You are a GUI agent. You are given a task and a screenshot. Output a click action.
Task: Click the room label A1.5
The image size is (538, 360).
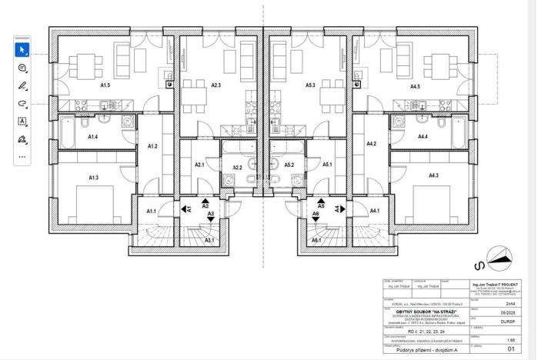pyautogui.click(x=105, y=85)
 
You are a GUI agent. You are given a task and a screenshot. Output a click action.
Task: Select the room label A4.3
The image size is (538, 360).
pyautogui.click(x=433, y=176)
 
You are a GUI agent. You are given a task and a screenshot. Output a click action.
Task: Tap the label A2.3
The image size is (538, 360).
pyautogui.click(x=216, y=85)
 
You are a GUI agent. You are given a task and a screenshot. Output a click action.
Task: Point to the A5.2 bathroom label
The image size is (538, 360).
pyautogui.click(x=289, y=165)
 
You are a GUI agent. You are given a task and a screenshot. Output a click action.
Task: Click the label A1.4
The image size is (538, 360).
pyautogui.click(x=92, y=136)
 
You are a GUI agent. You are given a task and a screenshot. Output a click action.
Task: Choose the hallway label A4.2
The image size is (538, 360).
pyautogui.click(x=371, y=144)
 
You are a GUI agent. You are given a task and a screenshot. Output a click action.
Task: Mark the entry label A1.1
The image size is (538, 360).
pyautogui.click(x=151, y=211)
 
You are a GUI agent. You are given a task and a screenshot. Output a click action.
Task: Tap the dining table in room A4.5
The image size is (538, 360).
pyautogui.click(x=439, y=63)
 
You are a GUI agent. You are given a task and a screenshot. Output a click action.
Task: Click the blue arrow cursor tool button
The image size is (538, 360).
pyautogui.click(x=22, y=50)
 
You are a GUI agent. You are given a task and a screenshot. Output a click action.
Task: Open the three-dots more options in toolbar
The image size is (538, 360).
pyautogui.click(x=22, y=157)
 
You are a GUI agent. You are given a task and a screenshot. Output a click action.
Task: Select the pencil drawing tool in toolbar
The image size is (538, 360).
pyautogui.click(x=22, y=85)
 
